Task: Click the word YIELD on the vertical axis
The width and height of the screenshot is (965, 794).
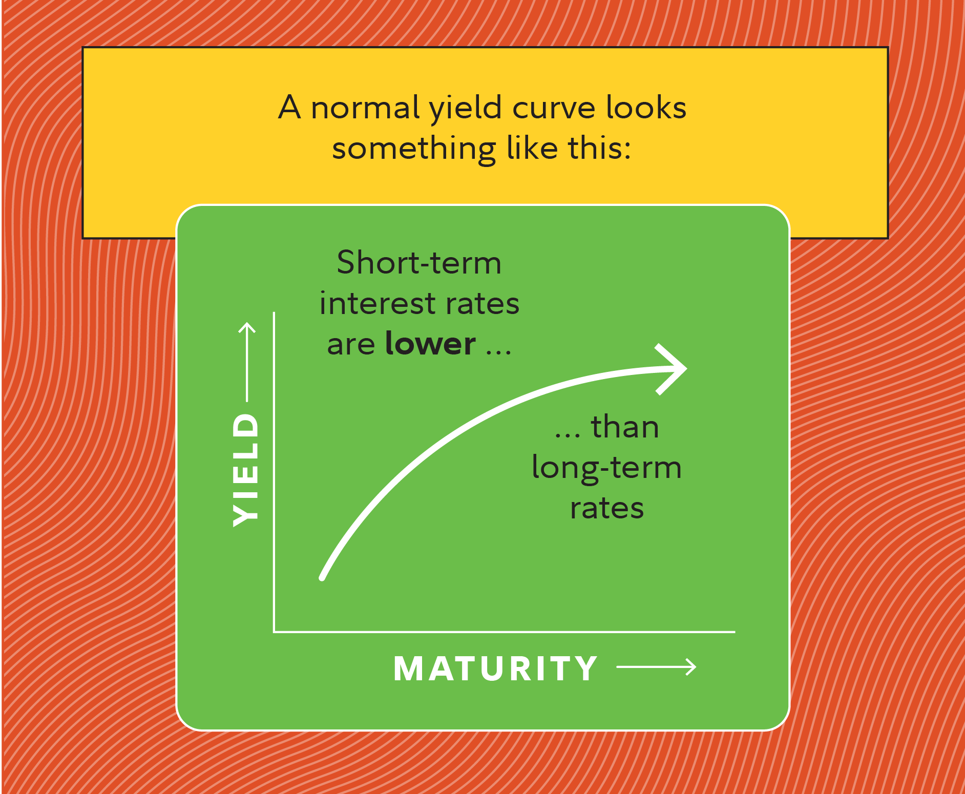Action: [x=246, y=470]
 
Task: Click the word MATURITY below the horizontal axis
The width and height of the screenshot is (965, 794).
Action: [x=496, y=668]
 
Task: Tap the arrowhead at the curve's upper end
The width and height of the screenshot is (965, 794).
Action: [x=671, y=369]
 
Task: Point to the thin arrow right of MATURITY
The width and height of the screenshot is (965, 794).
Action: [x=656, y=666]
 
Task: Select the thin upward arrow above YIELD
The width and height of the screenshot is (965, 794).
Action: [x=247, y=362]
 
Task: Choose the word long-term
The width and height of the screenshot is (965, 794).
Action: [x=606, y=468]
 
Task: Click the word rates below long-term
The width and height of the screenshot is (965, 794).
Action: [x=607, y=508]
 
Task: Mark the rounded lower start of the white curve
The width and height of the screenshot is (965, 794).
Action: [x=323, y=577]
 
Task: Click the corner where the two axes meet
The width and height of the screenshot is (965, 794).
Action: [x=275, y=632]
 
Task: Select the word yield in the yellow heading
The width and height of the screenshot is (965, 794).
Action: [x=465, y=109]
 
